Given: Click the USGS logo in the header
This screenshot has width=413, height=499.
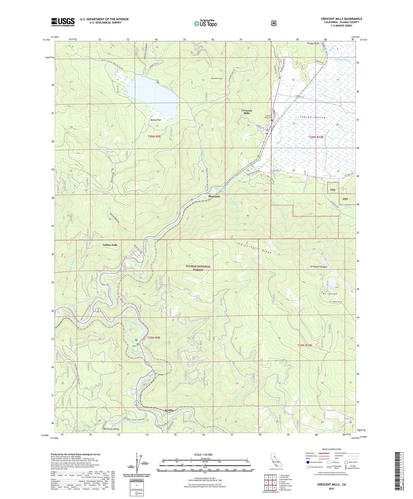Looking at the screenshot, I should click(x=63, y=22).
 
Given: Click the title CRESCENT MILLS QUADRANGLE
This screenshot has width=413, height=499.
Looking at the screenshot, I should click(x=341, y=19).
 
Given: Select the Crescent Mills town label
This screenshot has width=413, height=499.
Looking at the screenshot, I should click(x=246, y=112).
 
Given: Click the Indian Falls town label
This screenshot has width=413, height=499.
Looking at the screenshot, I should click(x=110, y=245).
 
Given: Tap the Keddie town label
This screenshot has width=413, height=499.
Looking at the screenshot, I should click(x=169, y=410).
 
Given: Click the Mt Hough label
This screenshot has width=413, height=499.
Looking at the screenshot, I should click(x=330, y=294).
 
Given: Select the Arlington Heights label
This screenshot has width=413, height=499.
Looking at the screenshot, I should click(x=319, y=267).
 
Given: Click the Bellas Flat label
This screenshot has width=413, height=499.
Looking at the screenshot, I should click(x=156, y=120).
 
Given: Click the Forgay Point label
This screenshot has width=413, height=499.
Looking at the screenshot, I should click(x=313, y=43).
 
